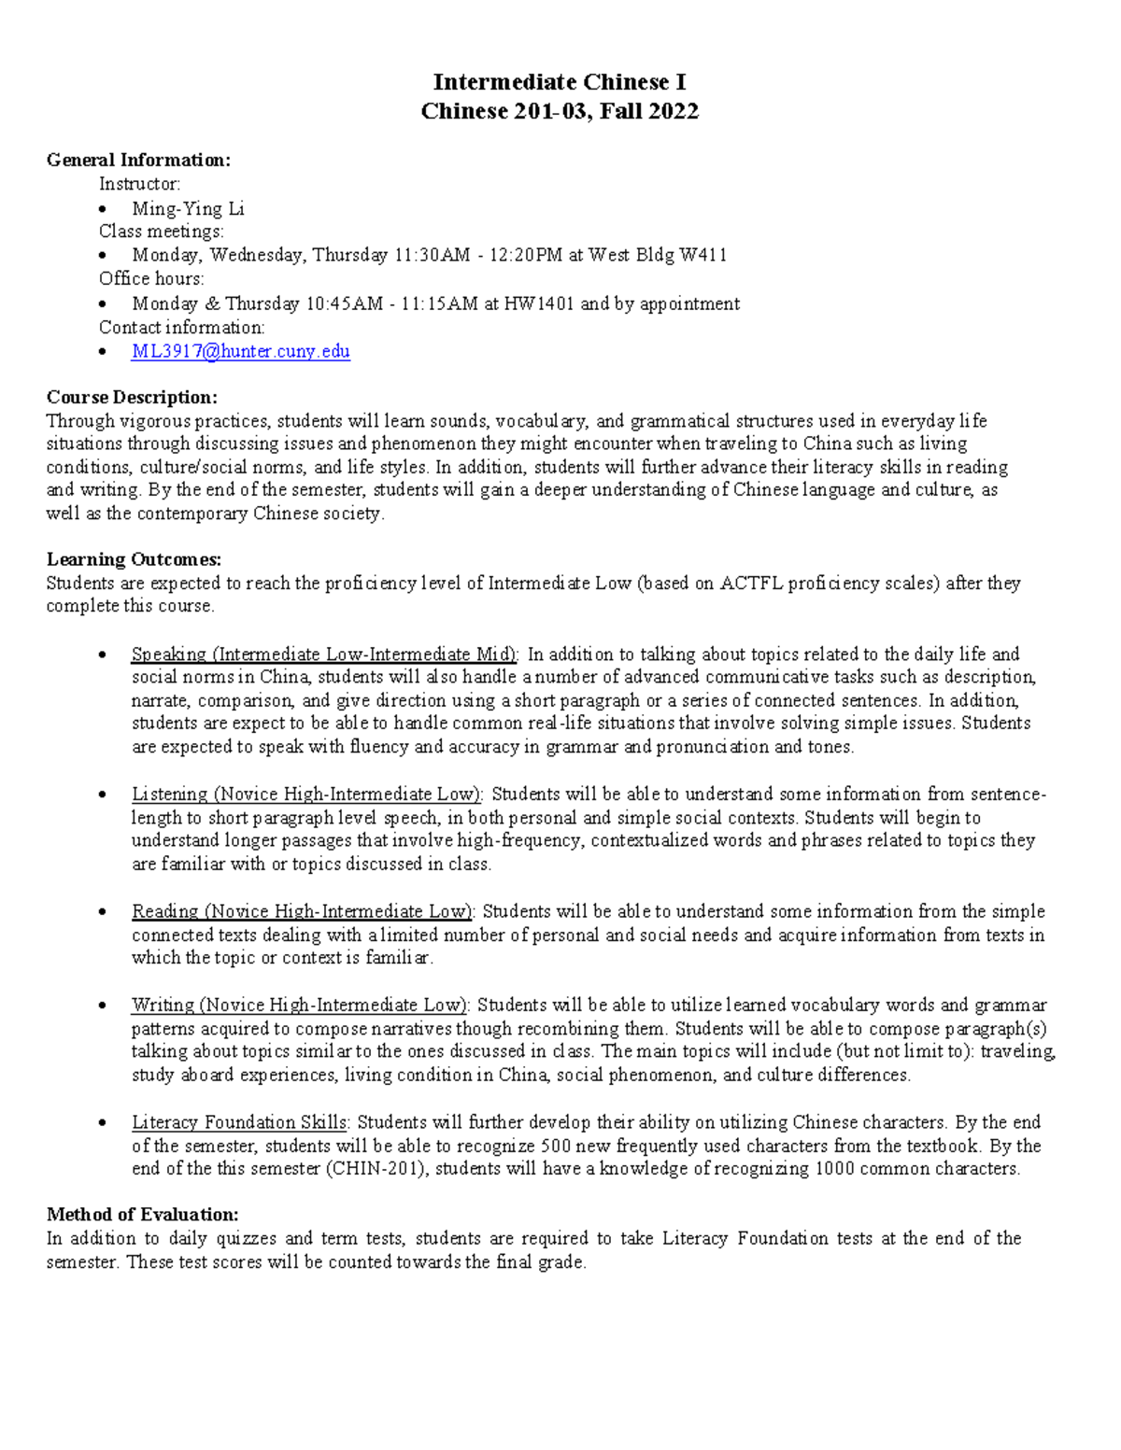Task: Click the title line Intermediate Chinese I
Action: tap(560, 82)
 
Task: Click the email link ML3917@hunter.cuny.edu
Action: tap(240, 351)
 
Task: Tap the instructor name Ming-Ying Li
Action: tap(188, 208)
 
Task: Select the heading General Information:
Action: tap(138, 160)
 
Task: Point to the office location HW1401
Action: tap(539, 303)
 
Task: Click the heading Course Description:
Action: tap(132, 397)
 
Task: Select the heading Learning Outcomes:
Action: tap(134, 559)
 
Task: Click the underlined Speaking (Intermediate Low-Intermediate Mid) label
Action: tap(325, 654)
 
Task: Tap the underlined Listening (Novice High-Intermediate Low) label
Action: tap(306, 794)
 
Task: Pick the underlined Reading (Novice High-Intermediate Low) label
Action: tap(303, 911)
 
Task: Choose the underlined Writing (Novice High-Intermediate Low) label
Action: tap(300, 1005)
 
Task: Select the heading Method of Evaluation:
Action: tap(142, 1215)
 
